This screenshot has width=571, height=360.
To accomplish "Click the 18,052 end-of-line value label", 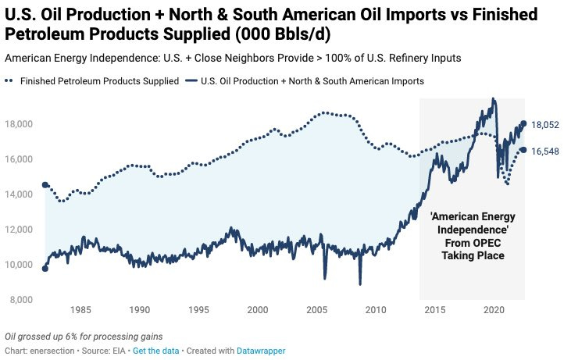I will click(x=545, y=124).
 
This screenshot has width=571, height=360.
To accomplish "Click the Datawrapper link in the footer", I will click(x=262, y=351).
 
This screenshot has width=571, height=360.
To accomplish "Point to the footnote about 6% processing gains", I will click(x=84, y=337).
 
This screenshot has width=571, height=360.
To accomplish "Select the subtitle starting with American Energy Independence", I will click(x=230, y=58).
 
